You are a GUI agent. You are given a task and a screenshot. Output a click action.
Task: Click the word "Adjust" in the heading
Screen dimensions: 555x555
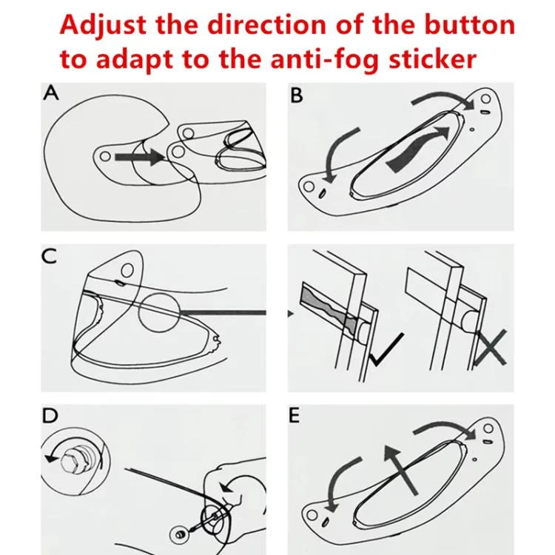tap(103, 26)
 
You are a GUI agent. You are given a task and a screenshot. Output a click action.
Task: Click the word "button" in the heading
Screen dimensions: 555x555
tap(470, 24)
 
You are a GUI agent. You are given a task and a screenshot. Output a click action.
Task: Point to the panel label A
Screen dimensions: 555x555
tap(50, 93)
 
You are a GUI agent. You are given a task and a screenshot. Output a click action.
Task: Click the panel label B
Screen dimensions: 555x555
tap(297, 95)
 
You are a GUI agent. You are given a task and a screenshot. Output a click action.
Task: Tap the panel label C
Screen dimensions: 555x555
tap(49, 256)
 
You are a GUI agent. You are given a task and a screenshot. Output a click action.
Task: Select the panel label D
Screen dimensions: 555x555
tap(50, 416)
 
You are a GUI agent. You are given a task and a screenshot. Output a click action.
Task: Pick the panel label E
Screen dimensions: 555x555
tap(295, 416)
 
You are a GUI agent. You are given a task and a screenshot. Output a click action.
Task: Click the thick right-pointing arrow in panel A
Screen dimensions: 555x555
tap(140, 156)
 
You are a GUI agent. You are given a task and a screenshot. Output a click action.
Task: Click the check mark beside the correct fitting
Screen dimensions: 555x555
tap(386, 349)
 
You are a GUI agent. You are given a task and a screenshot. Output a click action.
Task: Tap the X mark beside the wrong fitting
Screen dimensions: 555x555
tap(490, 348)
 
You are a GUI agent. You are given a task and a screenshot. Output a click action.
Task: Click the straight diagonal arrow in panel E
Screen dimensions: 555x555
tap(401, 469)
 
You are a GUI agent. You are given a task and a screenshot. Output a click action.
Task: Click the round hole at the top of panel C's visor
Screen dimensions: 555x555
tap(127, 271)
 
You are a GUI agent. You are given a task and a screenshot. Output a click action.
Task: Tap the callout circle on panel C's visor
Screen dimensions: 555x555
tap(160, 312)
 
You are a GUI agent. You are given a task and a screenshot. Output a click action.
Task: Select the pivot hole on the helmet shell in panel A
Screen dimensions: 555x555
tap(105, 156)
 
